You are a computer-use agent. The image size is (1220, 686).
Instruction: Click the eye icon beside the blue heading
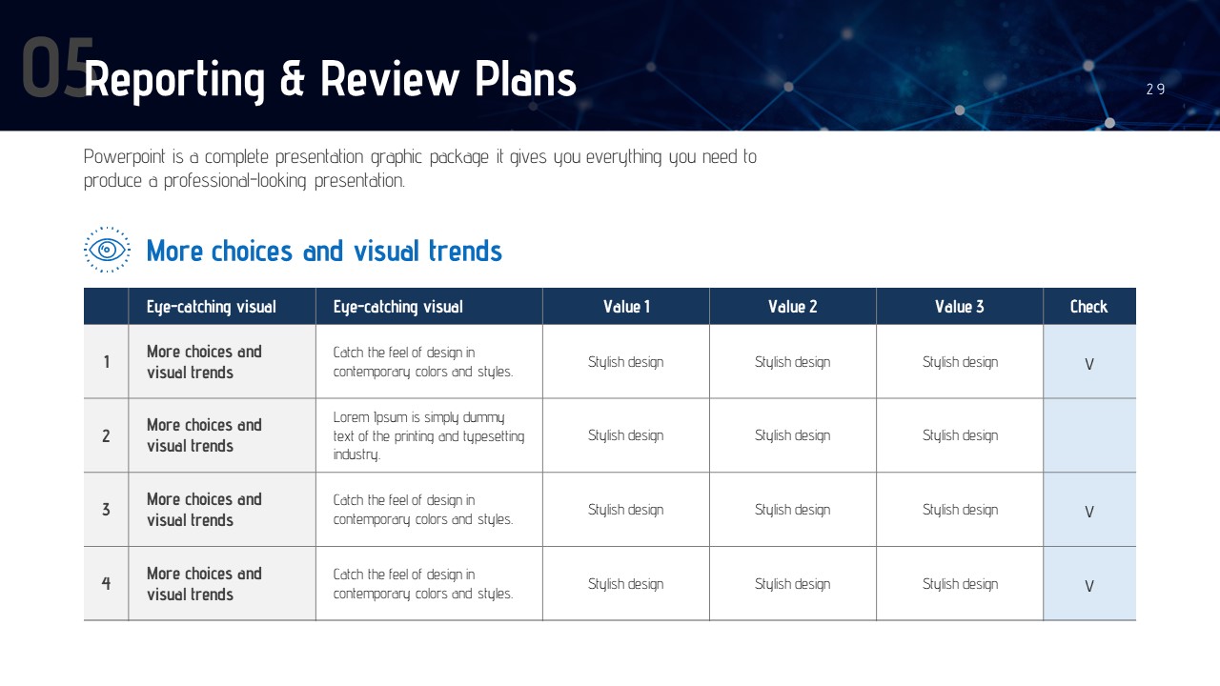tap(107, 250)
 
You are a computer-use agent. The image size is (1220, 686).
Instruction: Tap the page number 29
tap(1155, 90)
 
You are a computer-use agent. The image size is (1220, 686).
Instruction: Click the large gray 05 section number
tap(57, 67)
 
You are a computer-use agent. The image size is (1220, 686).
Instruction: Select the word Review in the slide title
tap(390, 79)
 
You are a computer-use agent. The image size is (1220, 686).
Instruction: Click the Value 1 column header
tap(626, 307)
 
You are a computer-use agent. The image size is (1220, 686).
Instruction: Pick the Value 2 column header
tap(792, 307)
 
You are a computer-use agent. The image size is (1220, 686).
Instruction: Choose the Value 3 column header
tap(960, 307)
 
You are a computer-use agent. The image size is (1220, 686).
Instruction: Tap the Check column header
tap(1088, 307)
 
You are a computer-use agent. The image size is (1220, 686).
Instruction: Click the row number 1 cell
tap(106, 361)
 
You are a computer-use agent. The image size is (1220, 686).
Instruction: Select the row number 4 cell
tap(106, 584)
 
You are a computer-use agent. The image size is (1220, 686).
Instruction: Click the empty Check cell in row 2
tap(1089, 435)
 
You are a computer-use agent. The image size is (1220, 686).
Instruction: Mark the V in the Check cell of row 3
tap(1089, 512)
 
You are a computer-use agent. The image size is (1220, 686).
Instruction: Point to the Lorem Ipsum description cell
tap(429, 435)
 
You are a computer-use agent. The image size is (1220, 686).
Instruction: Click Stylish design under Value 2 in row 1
tap(792, 362)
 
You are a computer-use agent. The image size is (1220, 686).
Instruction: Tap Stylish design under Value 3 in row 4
tap(960, 584)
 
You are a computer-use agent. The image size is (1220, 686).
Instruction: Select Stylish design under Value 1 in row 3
tap(626, 510)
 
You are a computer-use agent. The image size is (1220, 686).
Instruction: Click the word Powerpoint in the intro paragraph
tap(124, 157)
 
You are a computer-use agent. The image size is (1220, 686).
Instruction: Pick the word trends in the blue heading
tap(465, 251)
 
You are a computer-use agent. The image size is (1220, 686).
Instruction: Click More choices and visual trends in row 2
tap(204, 435)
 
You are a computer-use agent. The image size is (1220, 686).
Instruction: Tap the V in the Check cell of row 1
tap(1089, 364)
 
